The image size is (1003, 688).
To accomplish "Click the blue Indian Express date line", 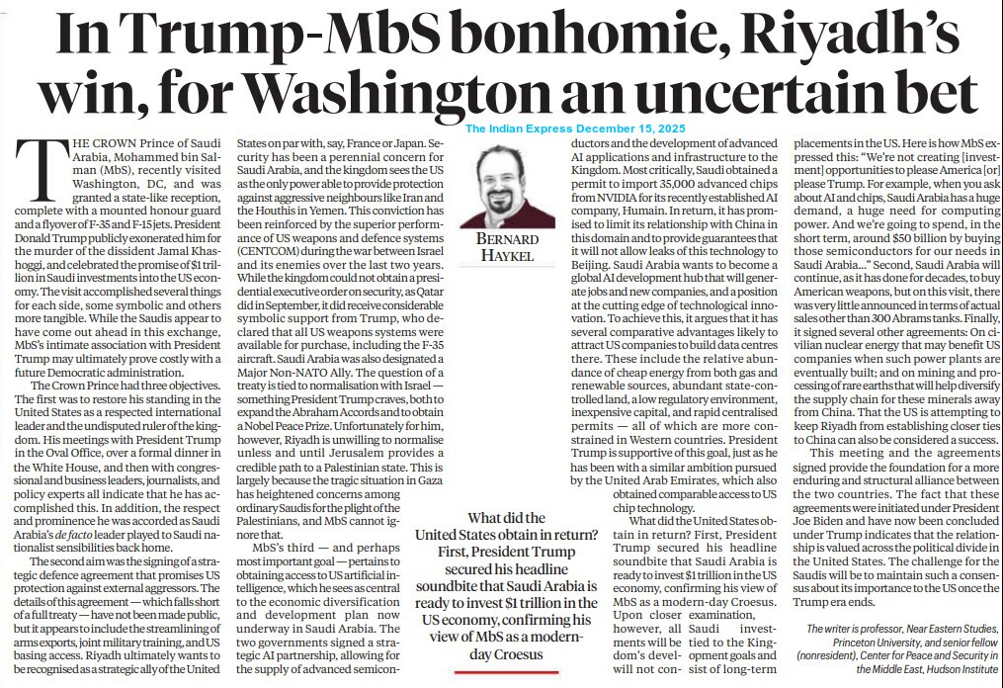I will [584, 129].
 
